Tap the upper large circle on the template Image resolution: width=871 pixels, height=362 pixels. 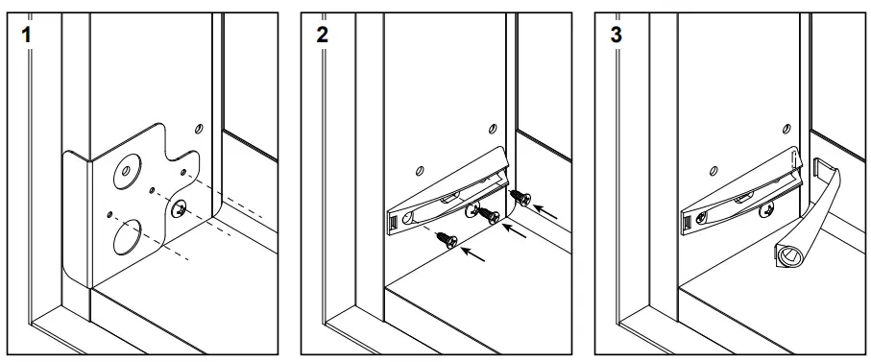(x=126, y=173)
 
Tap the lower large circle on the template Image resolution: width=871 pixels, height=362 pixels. (x=126, y=235)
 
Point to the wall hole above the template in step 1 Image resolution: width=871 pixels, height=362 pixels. (x=198, y=127)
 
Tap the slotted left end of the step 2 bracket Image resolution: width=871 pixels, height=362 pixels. (x=394, y=224)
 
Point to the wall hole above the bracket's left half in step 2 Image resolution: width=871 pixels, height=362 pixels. (x=421, y=171)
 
